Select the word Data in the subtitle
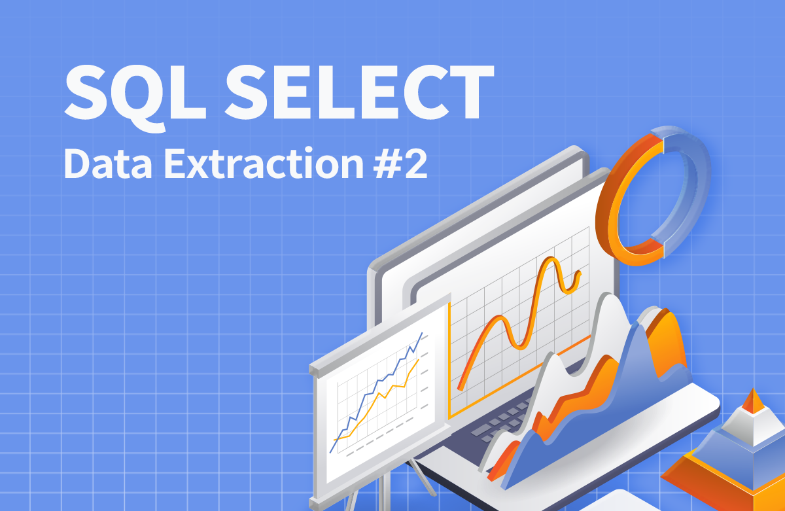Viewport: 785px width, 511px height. point(108,164)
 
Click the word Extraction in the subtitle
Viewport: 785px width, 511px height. point(264,163)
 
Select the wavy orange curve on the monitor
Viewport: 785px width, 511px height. point(518,323)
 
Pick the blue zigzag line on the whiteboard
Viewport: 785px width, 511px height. point(377,392)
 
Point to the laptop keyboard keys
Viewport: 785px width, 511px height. point(498,421)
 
